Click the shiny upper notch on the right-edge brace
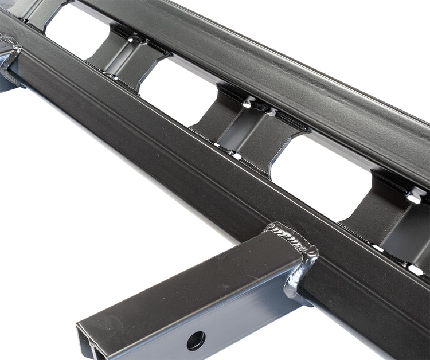(x=414, y=198)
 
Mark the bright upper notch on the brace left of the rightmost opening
(x=247, y=103)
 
